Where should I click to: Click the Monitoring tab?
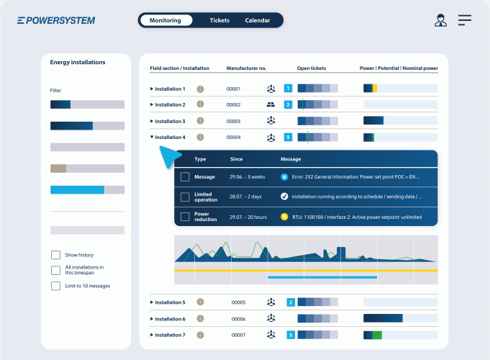click(165, 20)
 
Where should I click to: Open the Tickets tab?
click(219, 20)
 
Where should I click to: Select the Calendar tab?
click(257, 20)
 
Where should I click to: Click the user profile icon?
click(440, 20)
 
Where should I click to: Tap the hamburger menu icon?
click(465, 20)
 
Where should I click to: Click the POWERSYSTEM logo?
click(56, 21)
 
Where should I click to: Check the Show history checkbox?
click(55, 255)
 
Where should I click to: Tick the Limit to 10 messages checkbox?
click(55, 286)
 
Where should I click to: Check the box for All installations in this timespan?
click(55, 270)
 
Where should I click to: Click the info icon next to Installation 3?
click(200, 121)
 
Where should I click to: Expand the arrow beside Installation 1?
click(152, 89)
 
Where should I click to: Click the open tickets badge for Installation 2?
click(288, 104)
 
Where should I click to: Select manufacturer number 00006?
click(238, 319)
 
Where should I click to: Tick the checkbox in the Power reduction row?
click(185, 217)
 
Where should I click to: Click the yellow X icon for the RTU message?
click(284, 217)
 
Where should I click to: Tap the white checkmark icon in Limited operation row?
click(284, 197)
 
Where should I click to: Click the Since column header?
click(236, 159)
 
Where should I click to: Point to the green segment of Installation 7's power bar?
click(377, 335)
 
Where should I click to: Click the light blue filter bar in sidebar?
click(77, 190)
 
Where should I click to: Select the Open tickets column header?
click(312, 68)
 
